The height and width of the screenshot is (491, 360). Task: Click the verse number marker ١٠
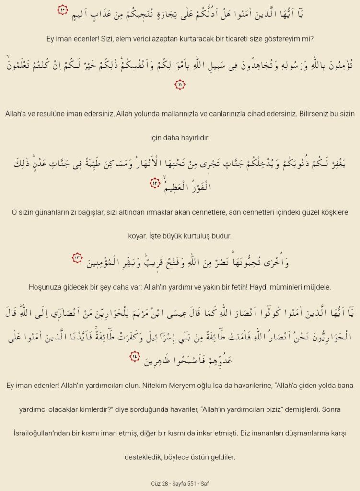point(63,10)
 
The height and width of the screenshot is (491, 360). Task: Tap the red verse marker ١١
point(180,85)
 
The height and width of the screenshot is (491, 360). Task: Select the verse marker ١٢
point(154,183)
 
